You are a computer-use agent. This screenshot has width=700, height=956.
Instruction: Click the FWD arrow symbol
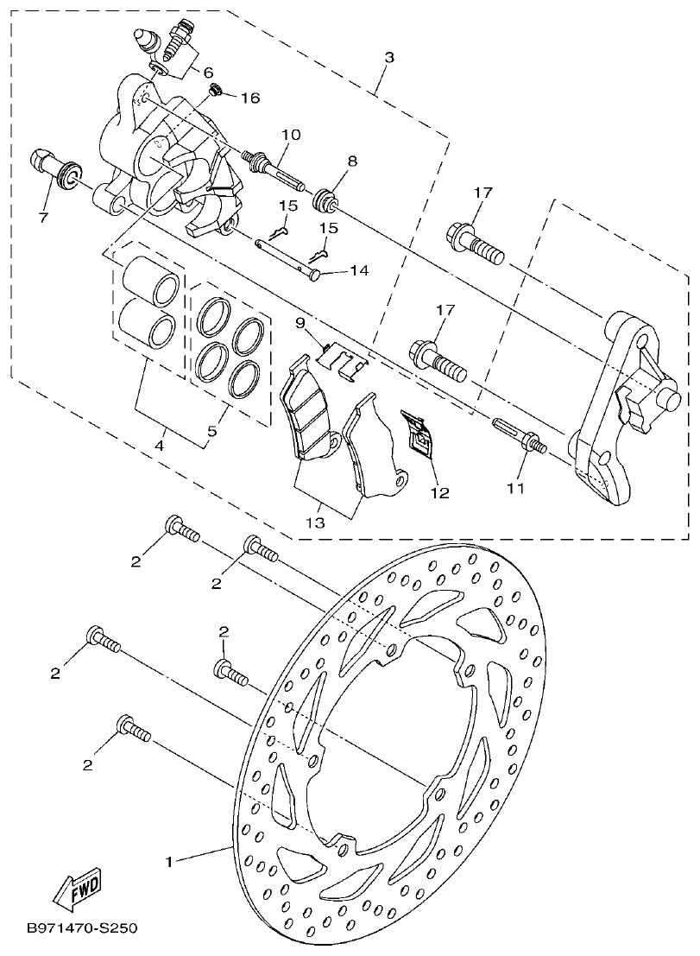[x=76, y=889]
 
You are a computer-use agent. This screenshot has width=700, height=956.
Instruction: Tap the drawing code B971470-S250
[x=81, y=929]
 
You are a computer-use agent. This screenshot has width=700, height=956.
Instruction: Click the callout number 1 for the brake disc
[x=171, y=861]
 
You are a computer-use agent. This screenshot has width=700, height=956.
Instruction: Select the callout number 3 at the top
[x=389, y=58]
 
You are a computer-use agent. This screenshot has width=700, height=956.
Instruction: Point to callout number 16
[x=250, y=98]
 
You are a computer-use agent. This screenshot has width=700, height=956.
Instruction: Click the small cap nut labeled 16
[x=218, y=89]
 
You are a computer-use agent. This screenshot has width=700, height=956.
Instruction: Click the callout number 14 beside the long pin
[x=359, y=271]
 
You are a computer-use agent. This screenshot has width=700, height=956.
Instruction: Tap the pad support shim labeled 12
[x=419, y=432]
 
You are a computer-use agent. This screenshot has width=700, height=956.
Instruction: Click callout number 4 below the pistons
[x=160, y=446]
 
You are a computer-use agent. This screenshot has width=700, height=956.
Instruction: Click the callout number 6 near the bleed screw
[x=208, y=73]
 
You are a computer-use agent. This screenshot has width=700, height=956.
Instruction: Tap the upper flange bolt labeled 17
[x=475, y=241]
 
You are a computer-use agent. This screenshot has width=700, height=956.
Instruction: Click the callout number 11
[x=515, y=488]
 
